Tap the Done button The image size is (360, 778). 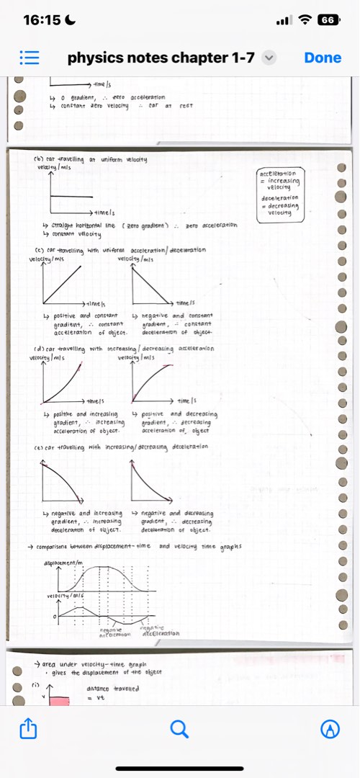[x=323, y=58]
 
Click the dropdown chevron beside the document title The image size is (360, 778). [x=269, y=58]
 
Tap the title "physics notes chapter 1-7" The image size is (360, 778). [x=161, y=58]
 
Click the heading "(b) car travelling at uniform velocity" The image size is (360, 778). [x=91, y=159]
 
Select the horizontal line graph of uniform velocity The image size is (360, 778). [x=72, y=196]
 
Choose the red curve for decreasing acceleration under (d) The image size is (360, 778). [x=153, y=379]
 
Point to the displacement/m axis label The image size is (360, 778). [x=65, y=560]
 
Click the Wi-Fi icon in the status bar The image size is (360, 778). [x=307, y=20]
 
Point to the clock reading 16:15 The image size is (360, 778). [x=42, y=20]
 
